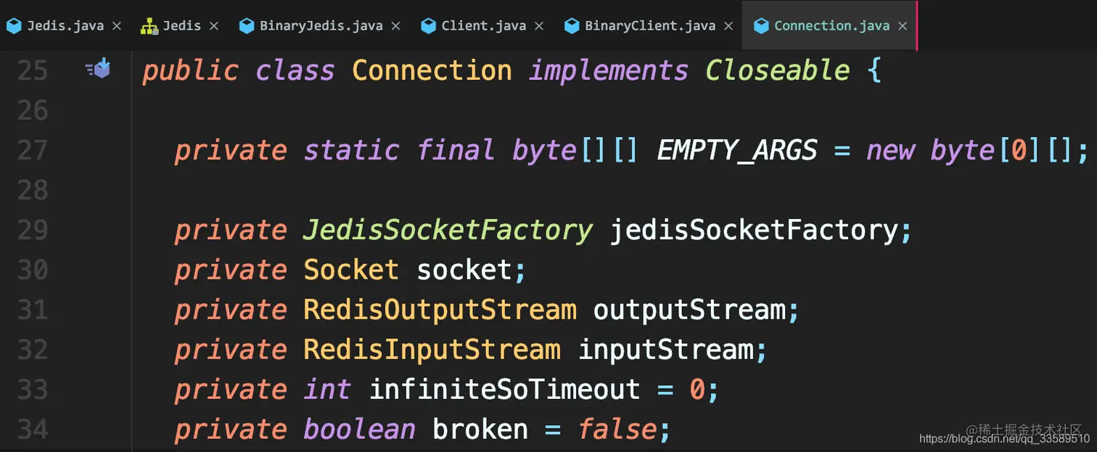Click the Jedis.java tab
tap(65, 26)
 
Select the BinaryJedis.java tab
tap(321, 26)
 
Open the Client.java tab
tap(483, 26)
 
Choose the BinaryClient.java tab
tap(649, 26)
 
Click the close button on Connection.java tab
tap(903, 26)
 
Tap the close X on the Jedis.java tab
tap(116, 26)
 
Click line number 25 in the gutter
tap(32, 71)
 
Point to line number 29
tap(32, 231)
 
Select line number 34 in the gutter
tap(32, 430)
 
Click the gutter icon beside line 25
tap(98, 69)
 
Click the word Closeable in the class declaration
tap(777, 71)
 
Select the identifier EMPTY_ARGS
tap(736, 151)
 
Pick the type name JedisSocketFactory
tap(448, 231)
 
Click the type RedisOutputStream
tap(440, 311)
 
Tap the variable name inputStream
tap(665, 350)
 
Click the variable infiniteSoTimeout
tap(504, 390)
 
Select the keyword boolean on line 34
tap(359, 430)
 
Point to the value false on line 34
tap(617, 430)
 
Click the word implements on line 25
tap(608, 71)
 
